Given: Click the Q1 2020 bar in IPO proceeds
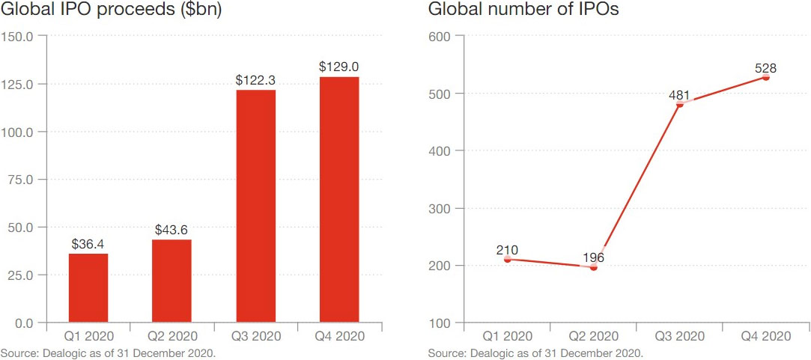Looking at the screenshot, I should (x=88, y=288).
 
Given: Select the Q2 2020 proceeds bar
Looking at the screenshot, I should (x=171, y=281).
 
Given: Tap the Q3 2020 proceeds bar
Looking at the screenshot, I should (x=255, y=206).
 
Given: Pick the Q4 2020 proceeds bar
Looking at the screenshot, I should (x=339, y=200).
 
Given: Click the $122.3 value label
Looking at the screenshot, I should (x=255, y=79).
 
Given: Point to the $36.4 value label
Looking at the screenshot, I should (x=88, y=243).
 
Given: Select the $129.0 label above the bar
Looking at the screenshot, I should (x=339, y=67).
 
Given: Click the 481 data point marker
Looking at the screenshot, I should (x=680, y=104).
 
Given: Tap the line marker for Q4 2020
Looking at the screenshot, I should (x=765, y=77).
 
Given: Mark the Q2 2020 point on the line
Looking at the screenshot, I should (x=594, y=266).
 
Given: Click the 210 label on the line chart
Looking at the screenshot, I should (x=507, y=249).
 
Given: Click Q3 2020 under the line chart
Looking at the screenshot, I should (x=680, y=336).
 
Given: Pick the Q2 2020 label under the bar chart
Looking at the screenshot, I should (x=171, y=336).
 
